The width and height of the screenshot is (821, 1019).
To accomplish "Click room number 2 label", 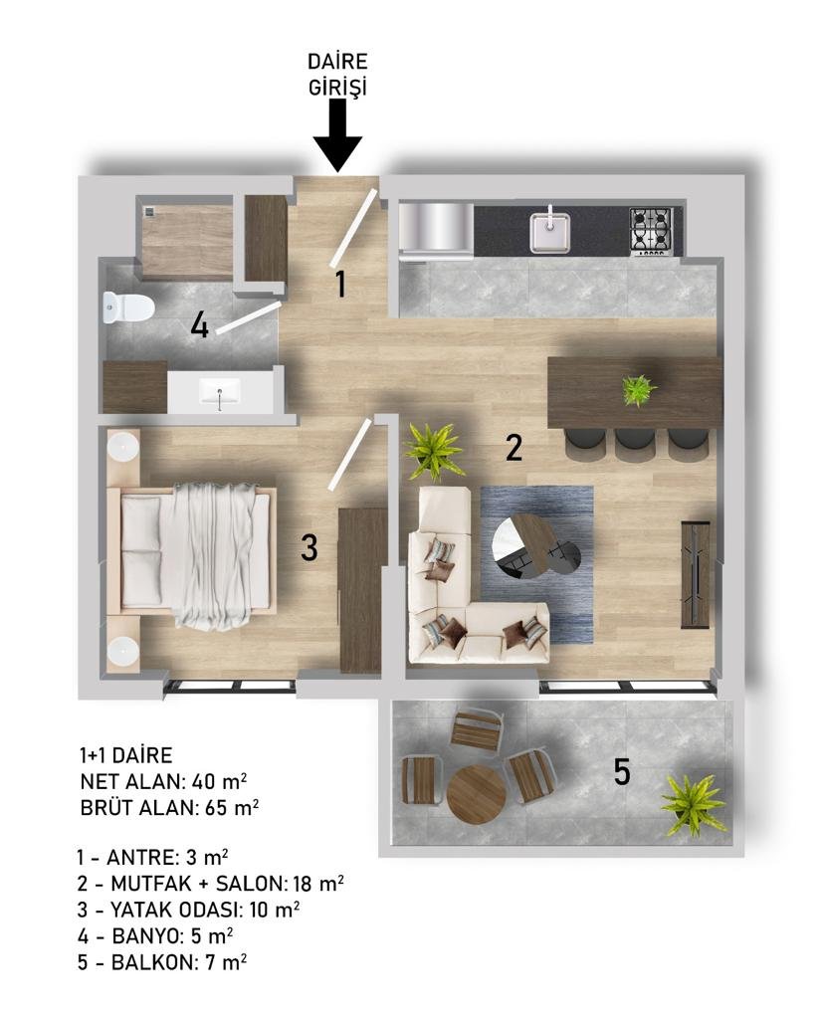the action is pyautogui.click(x=513, y=448).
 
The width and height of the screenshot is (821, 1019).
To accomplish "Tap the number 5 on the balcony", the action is pyautogui.click(x=622, y=772).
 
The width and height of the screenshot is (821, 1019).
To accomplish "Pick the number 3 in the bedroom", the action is pyautogui.click(x=309, y=547).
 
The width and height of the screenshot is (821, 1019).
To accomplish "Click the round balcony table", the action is pyautogui.click(x=477, y=794).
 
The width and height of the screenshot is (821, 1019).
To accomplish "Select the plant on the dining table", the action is pyautogui.click(x=638, y=390).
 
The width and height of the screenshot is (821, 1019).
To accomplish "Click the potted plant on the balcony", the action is pyautogui.click(x=693, y=804).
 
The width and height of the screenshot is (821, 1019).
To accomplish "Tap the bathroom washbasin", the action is pyautogui.click(x=220, y=394).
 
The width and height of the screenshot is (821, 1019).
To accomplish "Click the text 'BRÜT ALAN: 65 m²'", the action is pyautogui.click(x=169, y=808).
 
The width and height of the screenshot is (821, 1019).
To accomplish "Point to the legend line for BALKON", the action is pyautogui.click(x=162, y=962).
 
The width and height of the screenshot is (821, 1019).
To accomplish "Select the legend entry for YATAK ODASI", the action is pyautogui.click(x=188, y=910).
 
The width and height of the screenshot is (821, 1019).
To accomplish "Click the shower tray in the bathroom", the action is pyautogui.click(x=187, y=242).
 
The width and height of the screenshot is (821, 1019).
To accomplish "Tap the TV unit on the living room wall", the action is pyautogui.click(x=697, y=574).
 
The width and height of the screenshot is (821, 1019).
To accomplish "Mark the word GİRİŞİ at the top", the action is pyautogui.click(x=337, y=88).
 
